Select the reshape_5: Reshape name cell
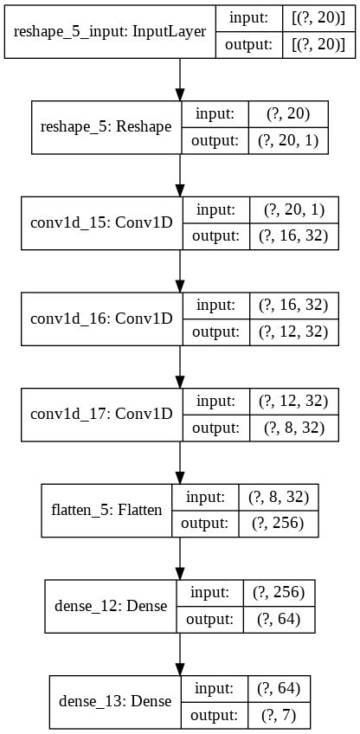point(106,127)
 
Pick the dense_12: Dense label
point(111,605)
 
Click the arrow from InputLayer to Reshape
point(180,80)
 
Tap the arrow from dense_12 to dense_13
point(180,652)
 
